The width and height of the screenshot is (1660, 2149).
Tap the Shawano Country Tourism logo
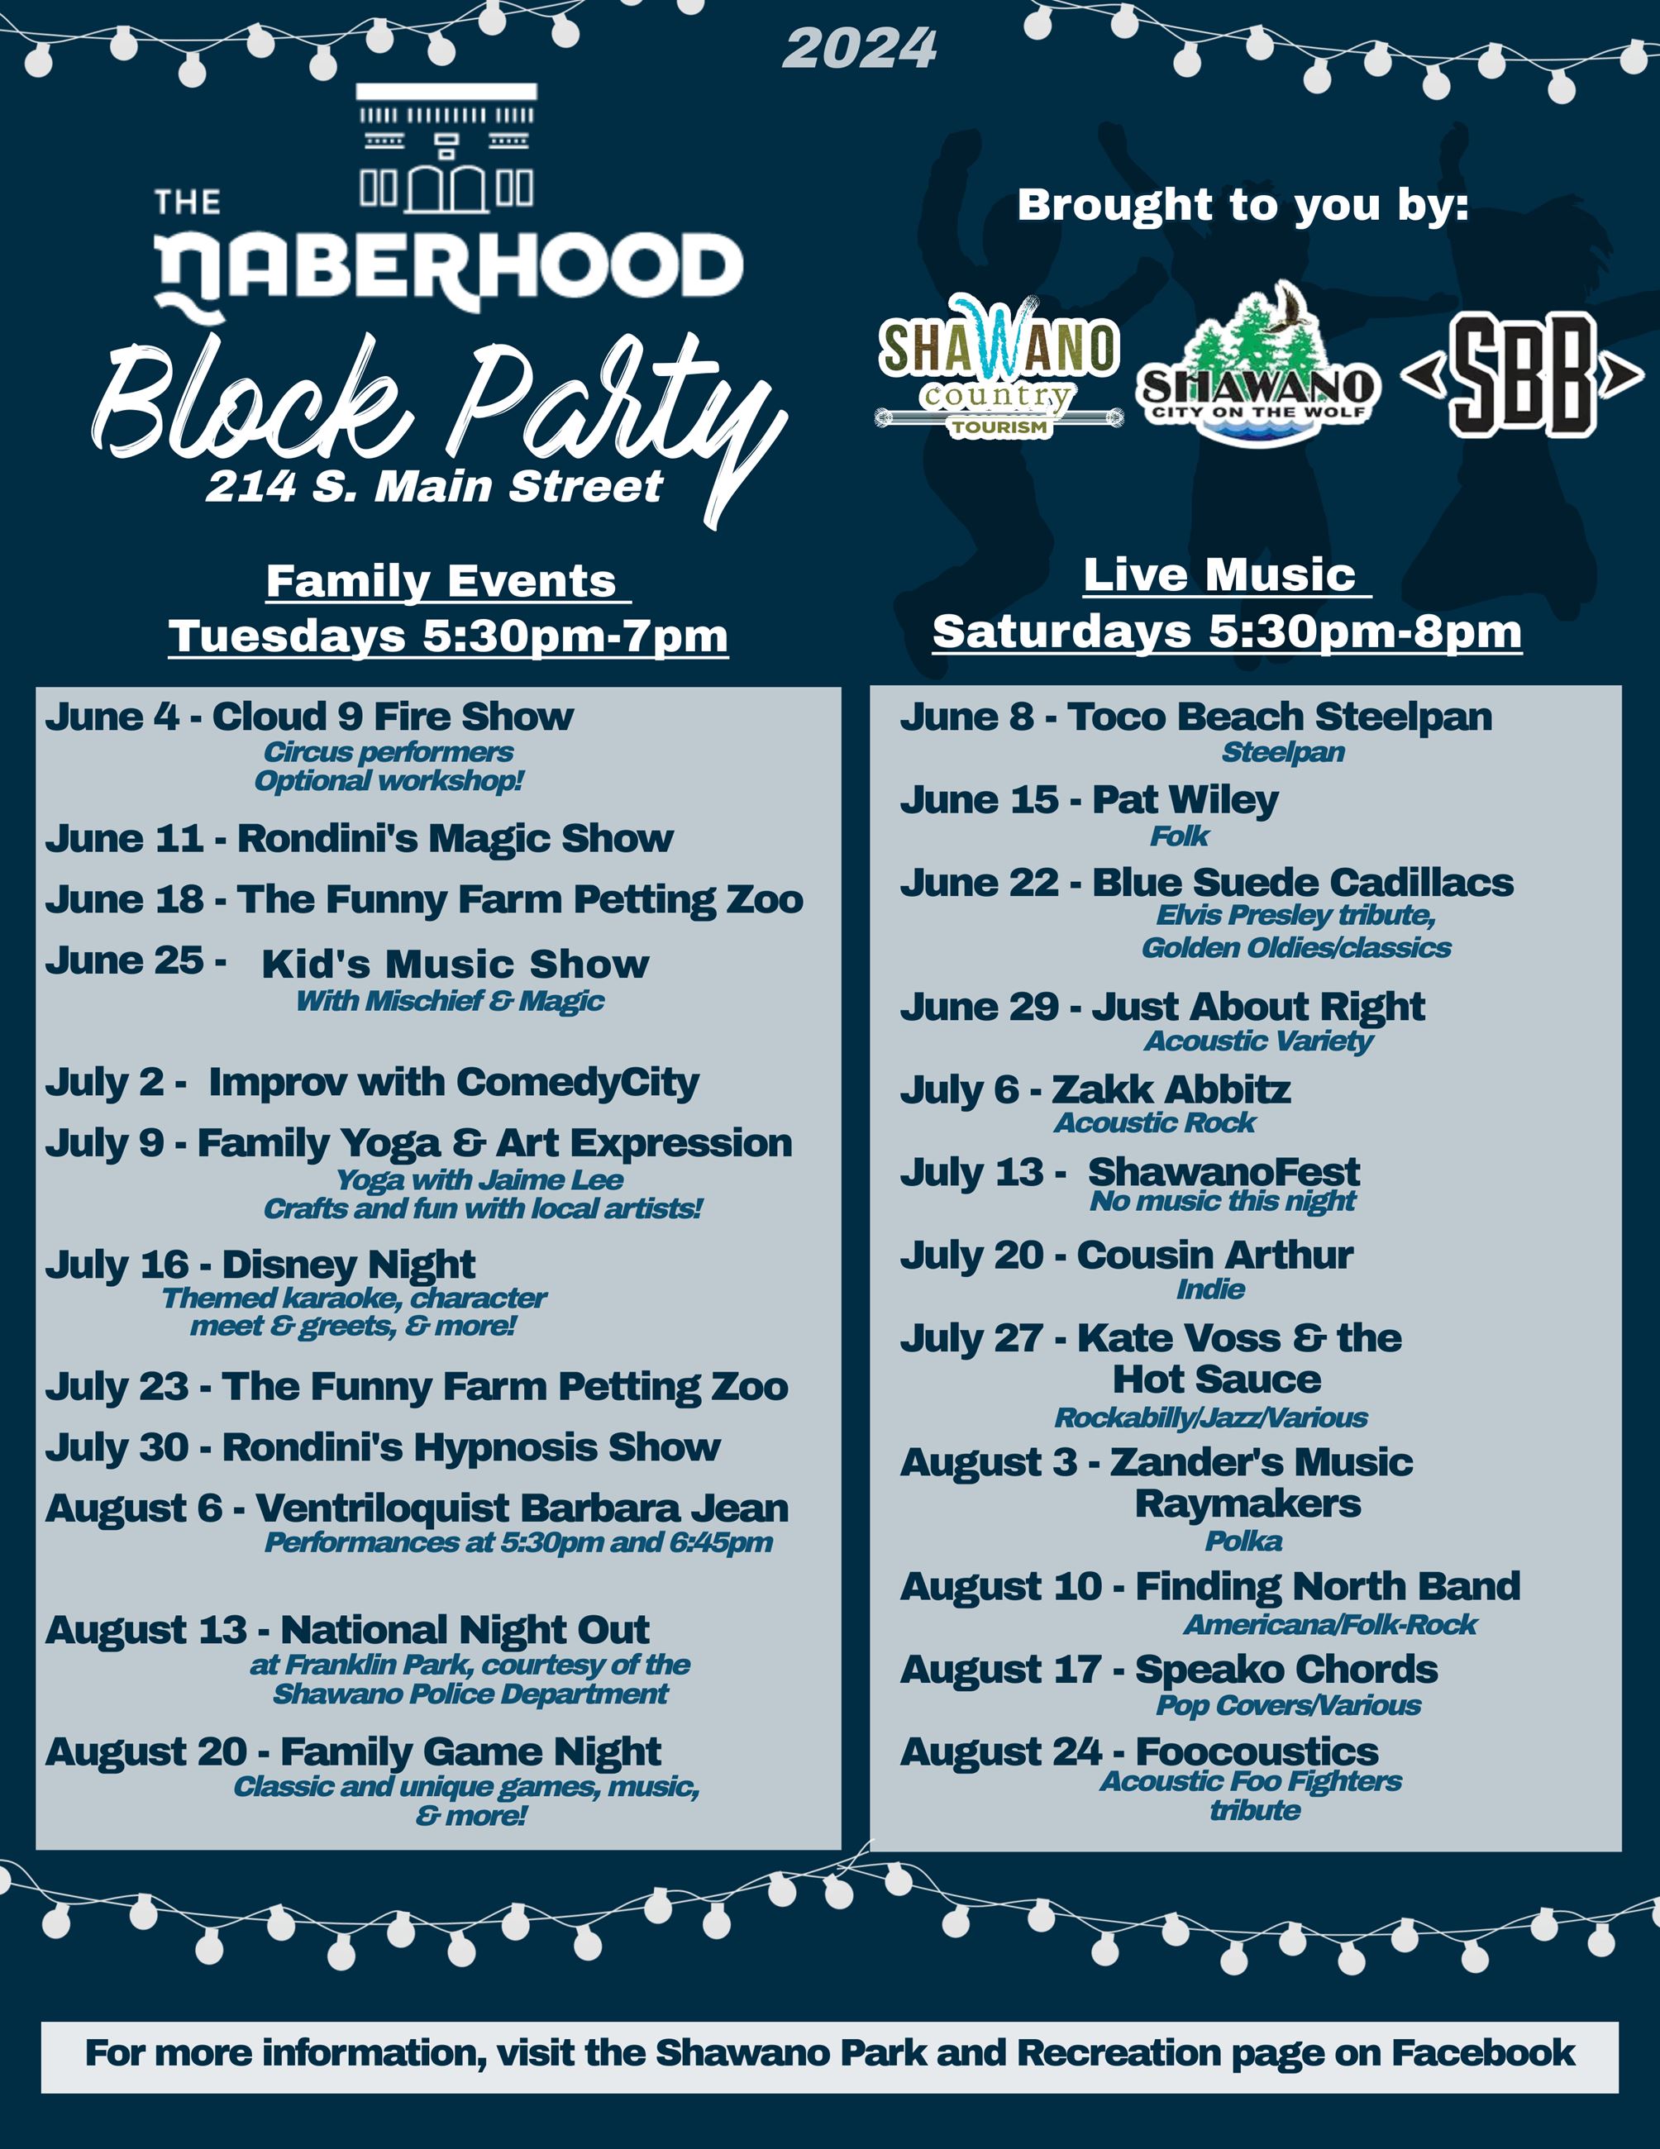(999, 366)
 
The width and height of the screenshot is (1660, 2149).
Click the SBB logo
(1521, 375)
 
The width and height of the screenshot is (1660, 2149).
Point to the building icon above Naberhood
(446, 149)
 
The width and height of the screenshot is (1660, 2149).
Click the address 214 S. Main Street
(434, 486)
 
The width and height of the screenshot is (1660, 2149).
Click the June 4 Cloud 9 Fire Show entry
(309, 717)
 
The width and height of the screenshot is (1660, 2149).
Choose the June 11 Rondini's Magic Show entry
(359, 838)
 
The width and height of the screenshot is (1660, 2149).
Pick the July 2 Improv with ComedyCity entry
(372, 1083)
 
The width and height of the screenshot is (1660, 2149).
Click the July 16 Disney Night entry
(260, 1265)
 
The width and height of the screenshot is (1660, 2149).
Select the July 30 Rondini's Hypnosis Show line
(383, 1447)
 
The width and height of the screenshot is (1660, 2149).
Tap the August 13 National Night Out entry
(347, 1631)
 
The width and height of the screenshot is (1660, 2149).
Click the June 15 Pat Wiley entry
(1090, 800)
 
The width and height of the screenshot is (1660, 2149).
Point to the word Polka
(1244, 1541)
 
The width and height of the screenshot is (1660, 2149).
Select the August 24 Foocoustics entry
(1139, 1752)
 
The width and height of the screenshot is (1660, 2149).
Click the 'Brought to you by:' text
(1243, 205)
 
